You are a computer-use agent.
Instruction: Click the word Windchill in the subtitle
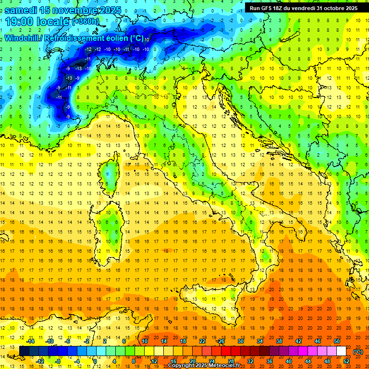click(x=23, y=38)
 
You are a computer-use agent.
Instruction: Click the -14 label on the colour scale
click(x=30, y=341)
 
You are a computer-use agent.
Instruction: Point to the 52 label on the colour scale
click(x=347, y=361)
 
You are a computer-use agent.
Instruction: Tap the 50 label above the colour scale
click(x=337, y=341)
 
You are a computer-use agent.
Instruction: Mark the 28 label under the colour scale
click(x=231, y=361)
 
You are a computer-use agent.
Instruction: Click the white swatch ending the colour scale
click(x=341, y=351)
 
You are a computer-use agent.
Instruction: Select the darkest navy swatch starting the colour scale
click(x=24, y=351)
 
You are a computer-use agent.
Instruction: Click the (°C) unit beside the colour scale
click(x=358, y=352)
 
